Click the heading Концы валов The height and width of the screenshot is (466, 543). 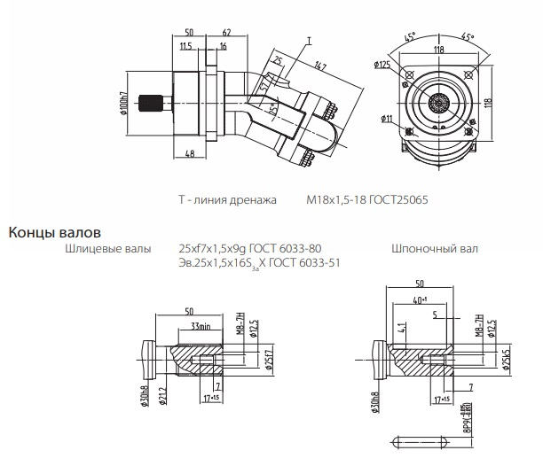point(61,233)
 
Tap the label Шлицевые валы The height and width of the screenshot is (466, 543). point(107,250)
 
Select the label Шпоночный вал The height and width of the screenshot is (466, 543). point(429,250)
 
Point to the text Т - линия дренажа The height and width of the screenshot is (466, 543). point(229,200)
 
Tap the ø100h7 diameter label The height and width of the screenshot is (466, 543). point(125,104)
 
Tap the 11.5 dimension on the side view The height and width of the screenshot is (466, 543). point(185,45)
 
